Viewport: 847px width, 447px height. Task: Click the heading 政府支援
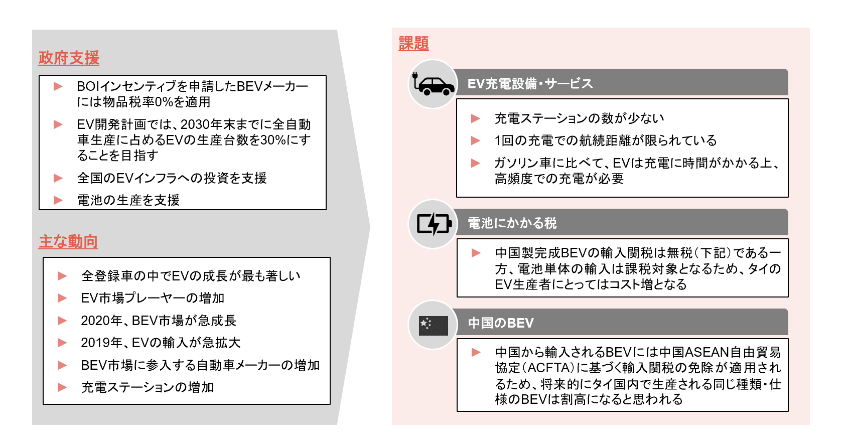69,58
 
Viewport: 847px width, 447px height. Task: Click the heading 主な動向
68,242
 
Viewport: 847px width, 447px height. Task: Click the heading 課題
413,43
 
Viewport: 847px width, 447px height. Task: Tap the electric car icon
434,84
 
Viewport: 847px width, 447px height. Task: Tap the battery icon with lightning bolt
434,224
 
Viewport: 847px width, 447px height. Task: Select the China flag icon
434,326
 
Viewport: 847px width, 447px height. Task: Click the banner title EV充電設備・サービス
530,84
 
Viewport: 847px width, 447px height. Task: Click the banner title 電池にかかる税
512,223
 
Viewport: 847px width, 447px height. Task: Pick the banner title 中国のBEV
501,323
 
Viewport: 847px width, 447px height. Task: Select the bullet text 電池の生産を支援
128,200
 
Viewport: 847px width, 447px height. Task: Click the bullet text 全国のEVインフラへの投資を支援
172,178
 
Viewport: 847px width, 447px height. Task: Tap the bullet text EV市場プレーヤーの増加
153,298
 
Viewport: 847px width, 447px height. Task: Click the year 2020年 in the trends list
101,321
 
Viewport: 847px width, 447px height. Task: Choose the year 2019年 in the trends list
101,343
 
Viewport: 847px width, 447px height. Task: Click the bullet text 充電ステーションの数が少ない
579,118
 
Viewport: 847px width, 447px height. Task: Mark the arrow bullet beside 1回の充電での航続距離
476,140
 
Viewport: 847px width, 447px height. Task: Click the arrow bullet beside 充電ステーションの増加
62,387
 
